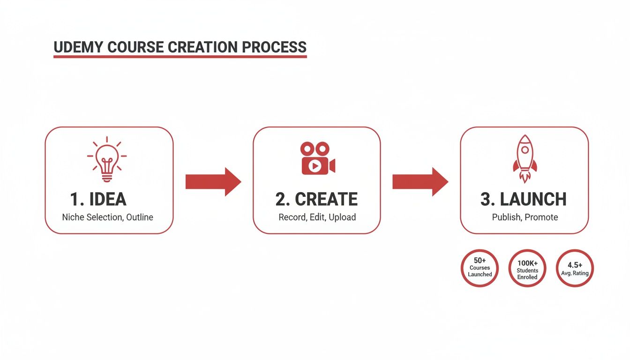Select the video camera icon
click(x=317, y=159)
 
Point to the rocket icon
click(x=525, y=158)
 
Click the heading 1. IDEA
click(x=98, y=199)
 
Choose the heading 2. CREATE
click(x=316, y=199)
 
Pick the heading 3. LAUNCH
click(x=524, y=199)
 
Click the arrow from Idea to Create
click(x=213, y=181)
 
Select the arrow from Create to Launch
click(x=420, y=181)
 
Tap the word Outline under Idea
click(x=140, y=217)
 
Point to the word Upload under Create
click(x=342, y=217)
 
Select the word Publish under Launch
click(x=507, y=217)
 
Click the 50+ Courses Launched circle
click(x=480, y=268)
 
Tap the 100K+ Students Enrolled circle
click(x=527, y=268)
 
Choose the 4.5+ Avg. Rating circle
click(x=575, y=268)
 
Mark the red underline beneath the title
click(x=180, y=56)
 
